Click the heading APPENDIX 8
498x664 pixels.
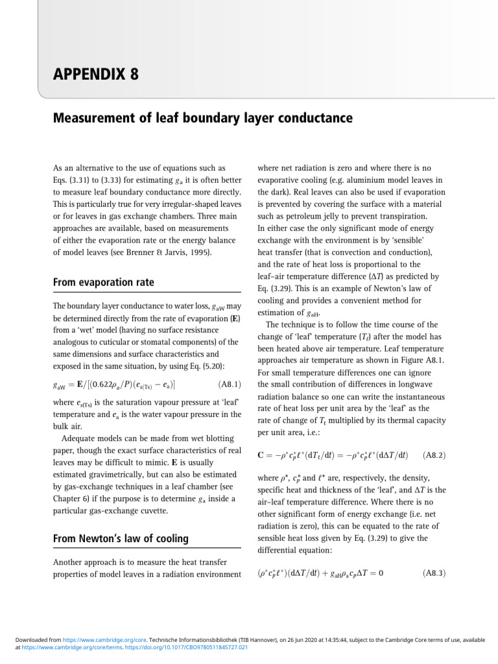tap(95, 74)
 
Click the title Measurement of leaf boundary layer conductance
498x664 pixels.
tap(202, 119)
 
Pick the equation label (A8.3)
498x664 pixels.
tap(433, 573)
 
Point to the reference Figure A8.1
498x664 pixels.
tap(418, 359)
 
